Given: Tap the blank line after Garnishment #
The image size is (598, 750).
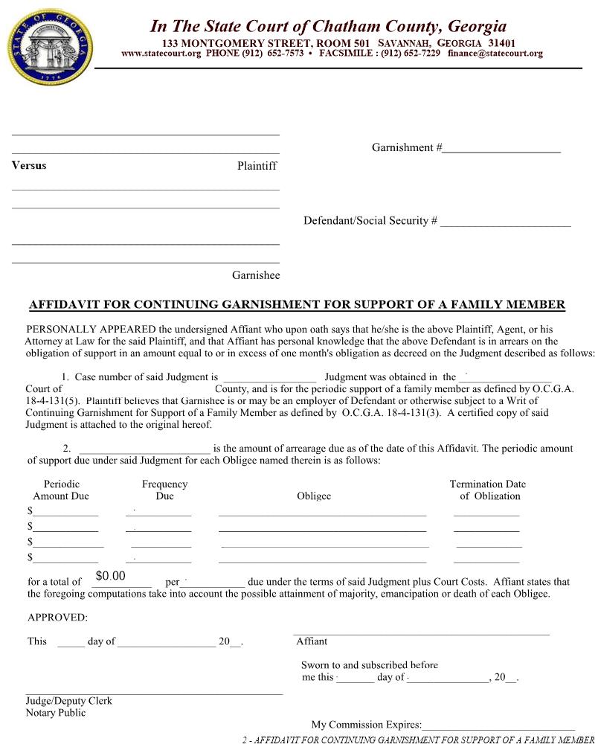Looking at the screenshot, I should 501,148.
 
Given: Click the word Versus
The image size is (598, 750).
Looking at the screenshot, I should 29,165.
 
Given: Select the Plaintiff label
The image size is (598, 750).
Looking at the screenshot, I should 257,166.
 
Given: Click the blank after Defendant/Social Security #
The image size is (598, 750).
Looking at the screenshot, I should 505,221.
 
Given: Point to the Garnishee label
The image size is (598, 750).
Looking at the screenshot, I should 256,275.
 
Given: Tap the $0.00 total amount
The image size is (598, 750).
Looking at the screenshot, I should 111,576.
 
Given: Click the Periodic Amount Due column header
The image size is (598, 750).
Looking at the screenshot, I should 61,490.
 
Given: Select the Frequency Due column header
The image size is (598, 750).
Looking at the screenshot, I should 164,490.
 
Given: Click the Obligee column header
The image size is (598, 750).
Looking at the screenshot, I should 314,496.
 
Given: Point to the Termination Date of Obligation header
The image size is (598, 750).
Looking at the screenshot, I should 487,490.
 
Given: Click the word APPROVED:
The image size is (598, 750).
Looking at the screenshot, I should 57,617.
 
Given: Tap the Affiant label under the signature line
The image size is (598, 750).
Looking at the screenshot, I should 312,641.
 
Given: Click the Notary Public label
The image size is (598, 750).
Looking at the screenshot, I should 56,713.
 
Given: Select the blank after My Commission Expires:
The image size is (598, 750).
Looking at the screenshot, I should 498,725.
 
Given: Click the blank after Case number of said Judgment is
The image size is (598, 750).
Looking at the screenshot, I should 269,378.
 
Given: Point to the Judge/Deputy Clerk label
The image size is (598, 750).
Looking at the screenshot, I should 69,701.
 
